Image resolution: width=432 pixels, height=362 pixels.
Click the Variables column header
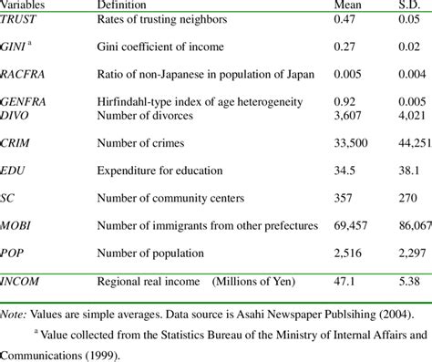25,5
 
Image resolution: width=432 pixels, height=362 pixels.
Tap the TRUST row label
21,17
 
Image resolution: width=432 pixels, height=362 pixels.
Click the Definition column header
126,5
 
